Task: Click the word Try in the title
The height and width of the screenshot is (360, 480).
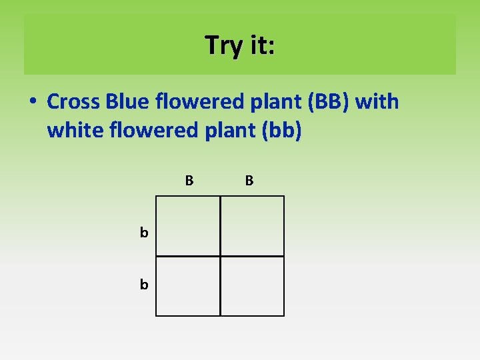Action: point(224,45)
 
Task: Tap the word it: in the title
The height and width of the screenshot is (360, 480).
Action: point(261,45)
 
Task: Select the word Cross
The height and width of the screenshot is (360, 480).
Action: point(73,102)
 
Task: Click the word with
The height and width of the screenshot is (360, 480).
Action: point(377,102)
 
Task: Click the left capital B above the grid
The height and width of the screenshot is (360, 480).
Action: point(189,180)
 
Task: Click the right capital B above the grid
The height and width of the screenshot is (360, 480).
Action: point(249,180)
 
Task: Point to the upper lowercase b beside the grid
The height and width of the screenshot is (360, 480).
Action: point(143,233)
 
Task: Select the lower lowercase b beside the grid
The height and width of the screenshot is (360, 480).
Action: point(143,285)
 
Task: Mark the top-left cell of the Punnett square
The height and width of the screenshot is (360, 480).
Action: point(188,226)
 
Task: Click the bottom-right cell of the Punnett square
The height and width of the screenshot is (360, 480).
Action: point(252,286)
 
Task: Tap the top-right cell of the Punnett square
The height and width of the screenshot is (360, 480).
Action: point(252,226)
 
